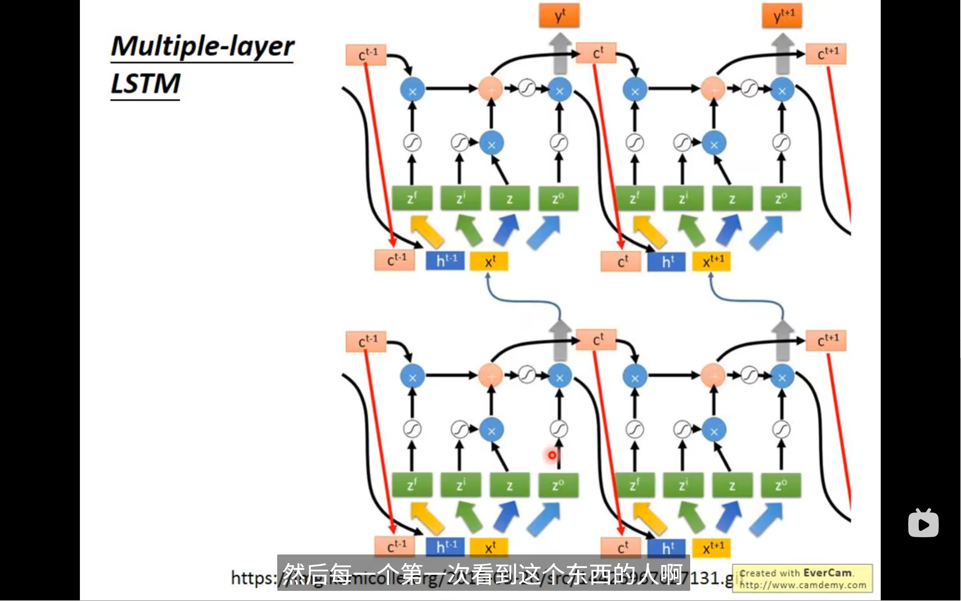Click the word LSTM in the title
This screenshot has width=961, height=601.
click(x=146, y=84)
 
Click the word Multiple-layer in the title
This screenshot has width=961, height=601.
click(x=202, y=47)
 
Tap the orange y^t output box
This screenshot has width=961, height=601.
click(x=559, y=16)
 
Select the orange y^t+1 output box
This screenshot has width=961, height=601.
click(x=782, y=16)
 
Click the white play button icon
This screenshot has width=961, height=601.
click(x=923, y=524)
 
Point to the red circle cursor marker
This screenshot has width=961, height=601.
click(x=552, y=455)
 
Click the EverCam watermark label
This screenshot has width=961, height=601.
click(x=802, y=578)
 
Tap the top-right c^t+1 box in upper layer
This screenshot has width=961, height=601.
click(x=826, y=54)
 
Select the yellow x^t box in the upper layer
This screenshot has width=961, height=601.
click(x=489, y=261)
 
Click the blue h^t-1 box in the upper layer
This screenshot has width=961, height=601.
click(x=445, y=261)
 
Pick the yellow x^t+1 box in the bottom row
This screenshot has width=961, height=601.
click(x=712, y=548)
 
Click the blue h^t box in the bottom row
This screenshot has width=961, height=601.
click(x=667, y=548)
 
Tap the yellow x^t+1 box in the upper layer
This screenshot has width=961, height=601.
click(x=712, y=261)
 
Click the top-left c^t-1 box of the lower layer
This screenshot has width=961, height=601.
click(x=366, y=341)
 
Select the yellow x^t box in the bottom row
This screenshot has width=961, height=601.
click(x=489, y=548)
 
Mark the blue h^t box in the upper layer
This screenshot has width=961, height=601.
click(x=667, y=261)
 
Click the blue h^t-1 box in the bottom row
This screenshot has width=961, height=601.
click(x=445, y=547)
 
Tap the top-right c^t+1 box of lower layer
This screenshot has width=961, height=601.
click(x=826, y=341)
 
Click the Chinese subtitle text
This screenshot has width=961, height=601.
click(x=483, y=574)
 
